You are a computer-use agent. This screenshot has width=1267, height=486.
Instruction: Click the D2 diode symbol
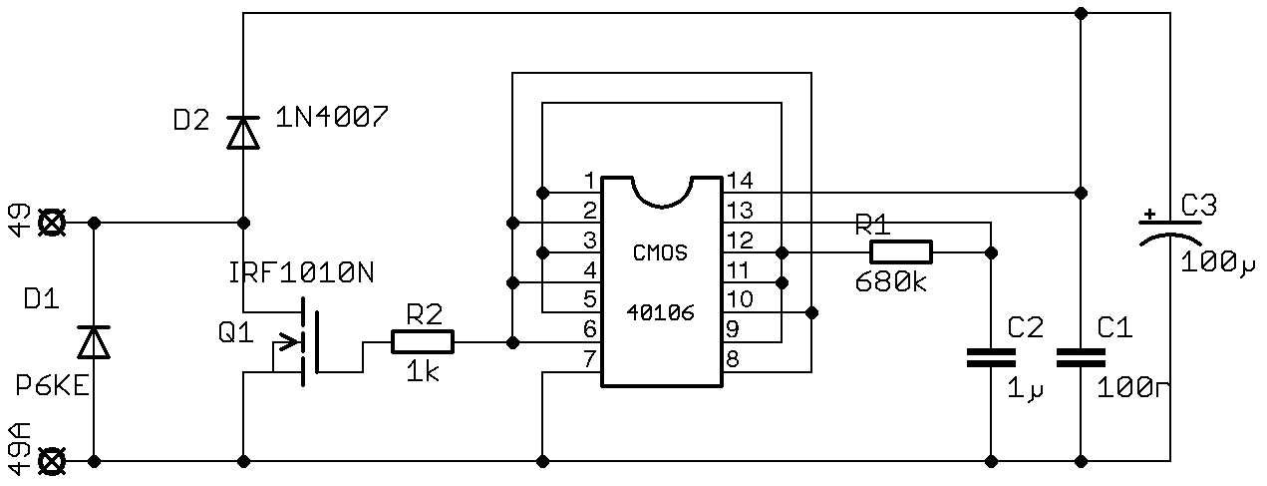pos(242,133)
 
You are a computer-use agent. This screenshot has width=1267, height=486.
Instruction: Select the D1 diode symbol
pos(94,342)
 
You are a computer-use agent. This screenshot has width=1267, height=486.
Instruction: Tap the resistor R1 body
pos(901,251)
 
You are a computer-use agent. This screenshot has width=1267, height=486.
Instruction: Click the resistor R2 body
pos(423,342)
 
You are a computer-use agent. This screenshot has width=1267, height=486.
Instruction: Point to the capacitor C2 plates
pos(991,358)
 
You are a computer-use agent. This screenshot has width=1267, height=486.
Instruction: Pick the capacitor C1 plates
pos(1081,358)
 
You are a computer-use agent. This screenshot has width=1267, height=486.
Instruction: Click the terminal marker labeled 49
pos(51,222)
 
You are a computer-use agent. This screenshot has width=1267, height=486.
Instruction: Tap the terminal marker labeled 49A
pos(51,461)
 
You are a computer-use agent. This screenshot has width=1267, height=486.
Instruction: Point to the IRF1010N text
pos(301,272)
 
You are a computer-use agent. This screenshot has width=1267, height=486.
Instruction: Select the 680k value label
pos(890,282)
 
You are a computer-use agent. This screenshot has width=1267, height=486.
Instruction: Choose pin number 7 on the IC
pos(588,357)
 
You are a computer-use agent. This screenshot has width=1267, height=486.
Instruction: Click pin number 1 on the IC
pos(588,181)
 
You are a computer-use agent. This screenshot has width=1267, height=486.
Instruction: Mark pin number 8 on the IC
pos(733,357)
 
